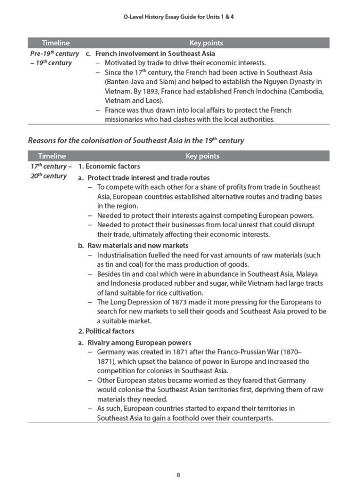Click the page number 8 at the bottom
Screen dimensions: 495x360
click(x=178, y=475)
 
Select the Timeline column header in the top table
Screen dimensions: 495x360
click(x=56, y=43)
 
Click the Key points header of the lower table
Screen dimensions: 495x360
click(x=202, y=156)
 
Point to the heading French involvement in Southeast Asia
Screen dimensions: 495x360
click(x=155, y=53)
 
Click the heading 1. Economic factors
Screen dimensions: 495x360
click(x=109, y=167)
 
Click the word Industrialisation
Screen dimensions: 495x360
click(x=123, y=255)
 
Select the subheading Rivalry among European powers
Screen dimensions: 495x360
click(x=139, y=343)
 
